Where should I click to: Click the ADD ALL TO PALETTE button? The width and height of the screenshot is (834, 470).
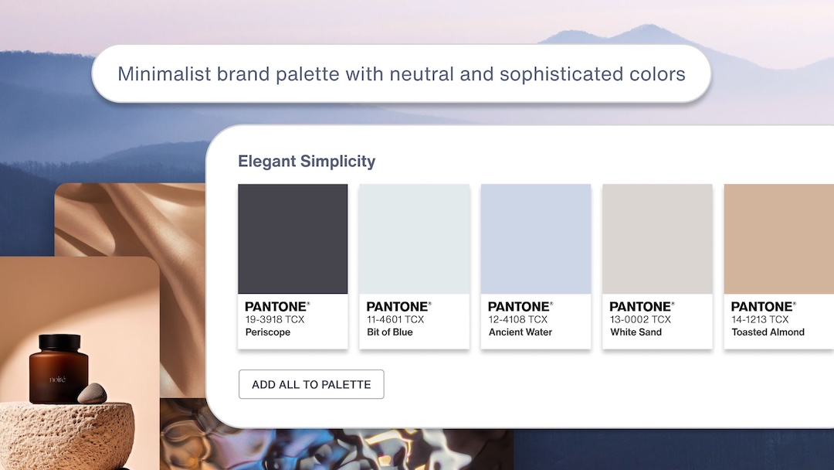(x=311, y=384)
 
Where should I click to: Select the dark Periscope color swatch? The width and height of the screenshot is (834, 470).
(x=293, y=239)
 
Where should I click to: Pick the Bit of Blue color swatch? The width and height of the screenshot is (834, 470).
(x=414, y=239)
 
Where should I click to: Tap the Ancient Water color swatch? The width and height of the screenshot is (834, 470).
(x=536, y=239)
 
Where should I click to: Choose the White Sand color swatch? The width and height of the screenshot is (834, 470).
(x=657, y=239)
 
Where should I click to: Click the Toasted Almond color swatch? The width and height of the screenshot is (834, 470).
(x=778, y=239)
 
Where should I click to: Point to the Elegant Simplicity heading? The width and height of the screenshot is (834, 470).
(x=307, y=162)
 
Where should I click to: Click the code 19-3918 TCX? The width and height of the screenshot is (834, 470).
(x=275, y=319)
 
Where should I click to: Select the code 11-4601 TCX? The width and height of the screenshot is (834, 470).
(x=395, y=319)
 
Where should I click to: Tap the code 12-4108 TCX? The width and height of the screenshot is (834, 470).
(x=517, y=319)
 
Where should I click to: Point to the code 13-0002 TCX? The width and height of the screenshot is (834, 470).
(x=640, y=319)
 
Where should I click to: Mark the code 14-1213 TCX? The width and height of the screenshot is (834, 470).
(x=761, y=319)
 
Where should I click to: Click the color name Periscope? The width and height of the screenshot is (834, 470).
(x=268, y=332)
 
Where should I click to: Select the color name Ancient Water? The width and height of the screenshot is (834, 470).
(x=520, y=332)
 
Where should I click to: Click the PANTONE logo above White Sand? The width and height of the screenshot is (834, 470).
(x=641, y=307)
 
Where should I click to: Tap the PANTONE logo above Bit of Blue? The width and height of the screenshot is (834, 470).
(x=398, y=307)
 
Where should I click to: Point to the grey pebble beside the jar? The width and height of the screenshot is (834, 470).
(x=92, y=393)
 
